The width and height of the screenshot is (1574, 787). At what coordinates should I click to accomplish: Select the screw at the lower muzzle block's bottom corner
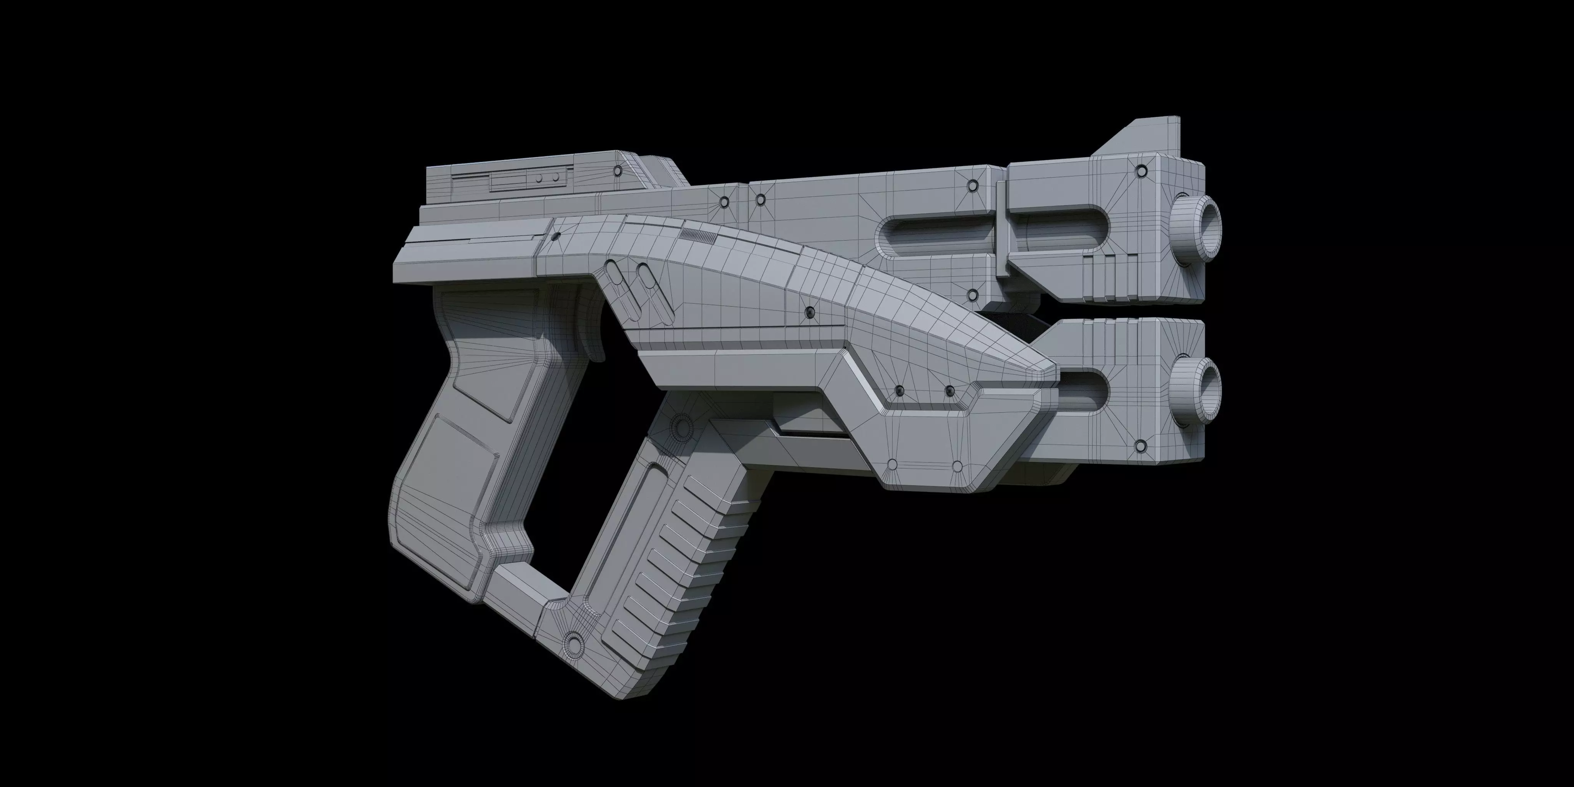coord(1140,447)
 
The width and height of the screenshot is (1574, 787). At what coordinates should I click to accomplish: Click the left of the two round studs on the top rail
coord(539,178)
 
